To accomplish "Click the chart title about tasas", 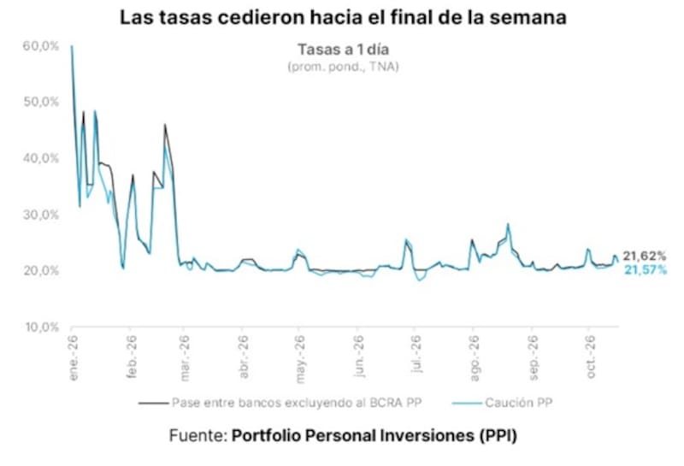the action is point(343,18).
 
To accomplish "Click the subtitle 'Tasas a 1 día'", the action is point(343,50).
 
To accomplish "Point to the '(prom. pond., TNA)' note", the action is point(343,67).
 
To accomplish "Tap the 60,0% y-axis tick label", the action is point(40,46).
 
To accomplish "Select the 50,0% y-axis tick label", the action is point(40,102).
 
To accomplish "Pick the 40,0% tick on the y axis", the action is point(40,158).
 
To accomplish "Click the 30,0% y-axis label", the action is point(40,215).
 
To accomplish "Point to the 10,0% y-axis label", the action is point(42,327).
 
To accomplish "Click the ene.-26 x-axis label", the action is point(73,357).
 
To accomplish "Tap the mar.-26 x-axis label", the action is point(185,358).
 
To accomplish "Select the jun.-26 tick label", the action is point(358,357).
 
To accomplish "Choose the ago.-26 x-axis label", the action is point(475,358).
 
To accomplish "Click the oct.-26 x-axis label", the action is point(590,357).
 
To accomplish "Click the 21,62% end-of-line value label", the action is point(645,257).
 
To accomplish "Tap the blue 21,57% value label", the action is point(646,270).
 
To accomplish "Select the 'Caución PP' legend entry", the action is point(503,403).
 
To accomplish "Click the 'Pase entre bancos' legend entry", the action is point(280,403).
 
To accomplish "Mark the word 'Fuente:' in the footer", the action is point(198,435).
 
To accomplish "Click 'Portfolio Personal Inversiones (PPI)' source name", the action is point(374,435).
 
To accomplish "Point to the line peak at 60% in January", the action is point(72,46).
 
